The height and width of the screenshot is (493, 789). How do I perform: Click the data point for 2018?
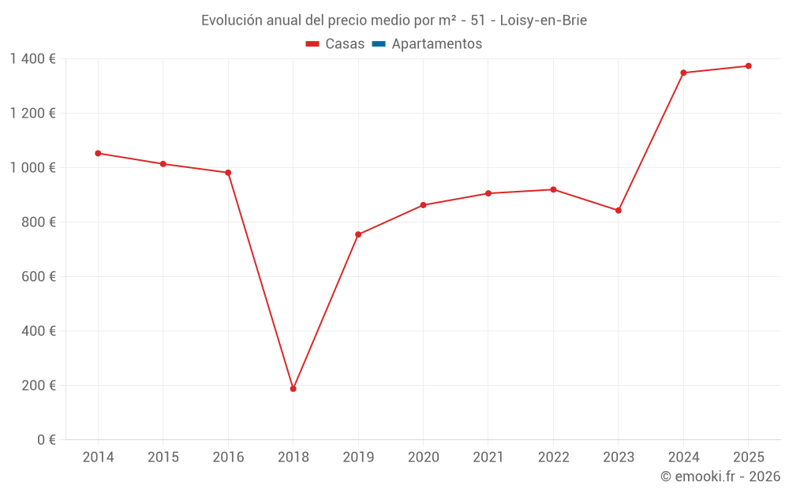point(293,389)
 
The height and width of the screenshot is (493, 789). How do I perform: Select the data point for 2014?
point(98,153)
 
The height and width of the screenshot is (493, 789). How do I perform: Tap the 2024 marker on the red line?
point(683,73)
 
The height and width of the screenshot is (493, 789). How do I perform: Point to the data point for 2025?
point(748,66)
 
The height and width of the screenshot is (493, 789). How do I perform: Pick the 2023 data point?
point(618,211)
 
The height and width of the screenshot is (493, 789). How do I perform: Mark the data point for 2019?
point(358,234)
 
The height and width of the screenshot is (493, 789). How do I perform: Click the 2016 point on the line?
point(228,173)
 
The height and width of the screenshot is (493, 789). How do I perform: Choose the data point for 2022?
point(553,189)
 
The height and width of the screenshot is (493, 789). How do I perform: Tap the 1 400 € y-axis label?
point(32,59)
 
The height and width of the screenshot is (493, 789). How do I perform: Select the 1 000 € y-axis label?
point(32,168)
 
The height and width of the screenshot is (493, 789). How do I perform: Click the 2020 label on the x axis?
point(423,458)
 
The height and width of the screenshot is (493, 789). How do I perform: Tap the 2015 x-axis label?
point(163,458)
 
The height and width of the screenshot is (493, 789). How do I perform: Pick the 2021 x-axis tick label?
point(488,458)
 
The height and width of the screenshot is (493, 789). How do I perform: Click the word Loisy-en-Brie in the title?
point(543,21)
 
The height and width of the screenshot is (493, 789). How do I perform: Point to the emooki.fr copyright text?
point(720,476)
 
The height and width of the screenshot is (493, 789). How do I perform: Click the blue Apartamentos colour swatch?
point(378,44)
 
